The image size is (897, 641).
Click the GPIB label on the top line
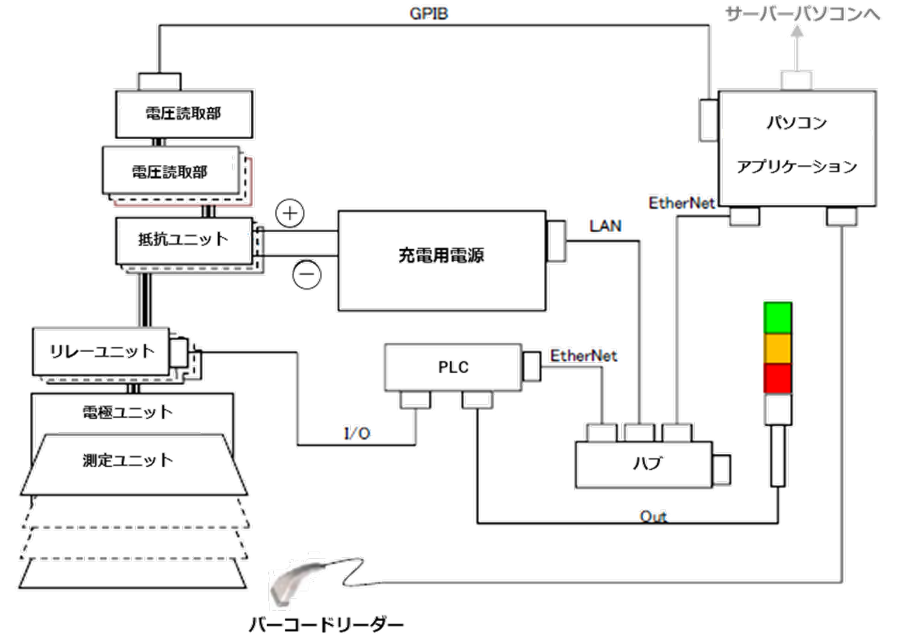(x=429, y=13)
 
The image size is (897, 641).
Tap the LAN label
(x=605, y=225)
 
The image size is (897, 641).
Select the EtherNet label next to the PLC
(x=584, y=356)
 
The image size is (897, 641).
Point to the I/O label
(x=357, y=433)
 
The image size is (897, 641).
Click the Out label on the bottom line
(x=654, y=516)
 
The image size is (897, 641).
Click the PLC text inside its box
(x=453, y=367)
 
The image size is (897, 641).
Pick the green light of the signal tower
(x=777, y=318)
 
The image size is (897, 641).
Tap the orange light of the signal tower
(x=777, y=349)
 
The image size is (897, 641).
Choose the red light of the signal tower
(x=777, y=378)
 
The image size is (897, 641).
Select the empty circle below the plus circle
(x=306, y=274)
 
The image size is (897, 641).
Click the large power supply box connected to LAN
(x=441, y=260)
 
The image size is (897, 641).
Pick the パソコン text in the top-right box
(x=797, y=123)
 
